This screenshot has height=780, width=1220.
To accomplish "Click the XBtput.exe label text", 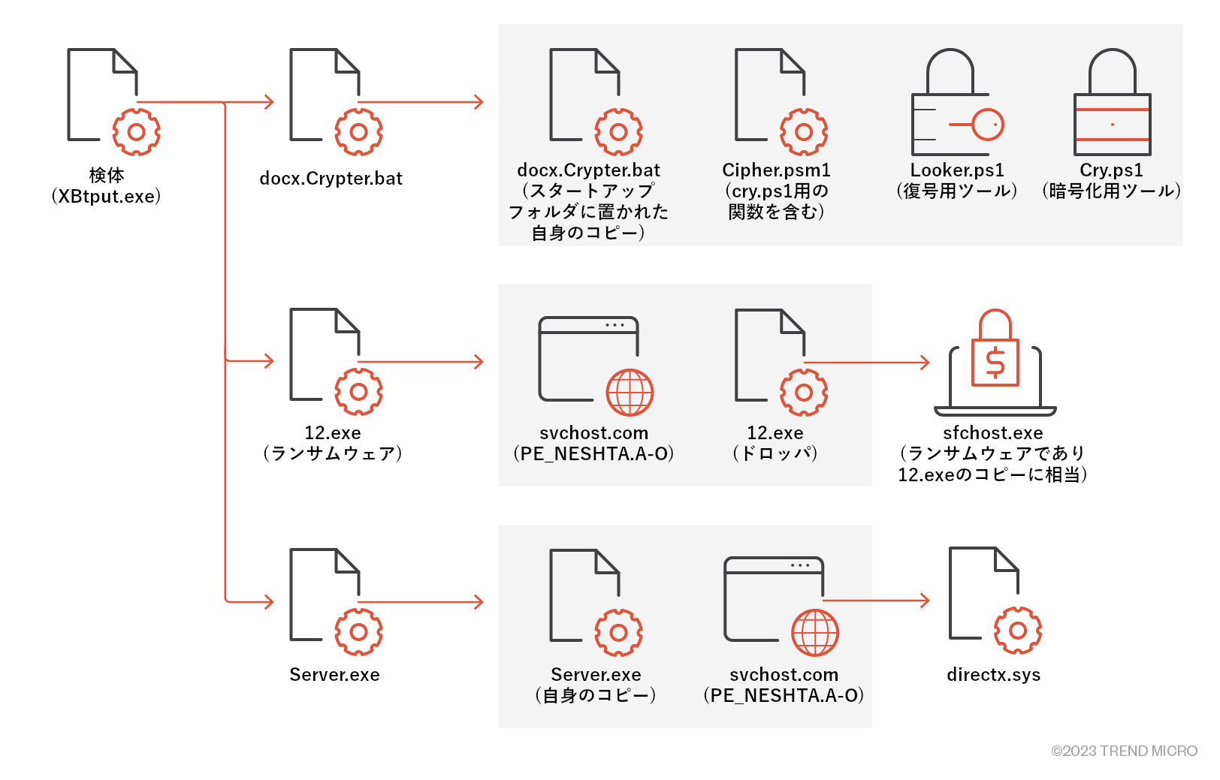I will click(106, 197).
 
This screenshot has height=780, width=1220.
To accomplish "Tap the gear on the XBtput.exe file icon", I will click(136, 132).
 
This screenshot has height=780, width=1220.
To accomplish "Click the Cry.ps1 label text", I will click(1111, 170).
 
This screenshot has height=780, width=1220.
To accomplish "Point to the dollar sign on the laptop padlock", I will click(995, 363).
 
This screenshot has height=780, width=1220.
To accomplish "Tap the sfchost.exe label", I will click(992, 433).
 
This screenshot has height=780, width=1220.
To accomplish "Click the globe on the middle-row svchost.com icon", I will click(630, 392).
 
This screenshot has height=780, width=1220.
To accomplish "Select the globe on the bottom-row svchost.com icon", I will click(815, 633).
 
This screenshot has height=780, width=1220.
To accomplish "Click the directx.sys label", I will click(993, 675).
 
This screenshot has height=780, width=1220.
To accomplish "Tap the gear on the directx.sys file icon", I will click(1017, 631).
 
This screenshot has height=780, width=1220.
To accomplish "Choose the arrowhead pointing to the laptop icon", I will click(925, 363).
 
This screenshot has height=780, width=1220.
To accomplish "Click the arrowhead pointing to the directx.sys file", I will click(925, 601).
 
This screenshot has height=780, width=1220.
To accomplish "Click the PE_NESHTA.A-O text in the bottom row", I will click(784, 696).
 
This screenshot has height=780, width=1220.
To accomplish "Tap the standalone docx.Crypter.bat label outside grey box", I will click(331, 179).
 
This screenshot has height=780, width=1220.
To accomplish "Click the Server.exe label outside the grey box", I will click(334, 675).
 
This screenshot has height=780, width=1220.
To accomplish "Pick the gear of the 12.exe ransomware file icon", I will click(358, 392).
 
